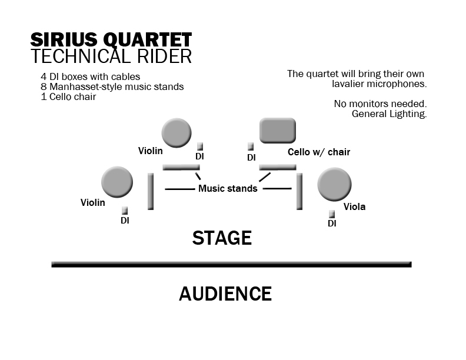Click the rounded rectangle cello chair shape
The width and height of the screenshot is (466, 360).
click(278, 131)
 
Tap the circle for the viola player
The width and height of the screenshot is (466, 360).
click(334, 185)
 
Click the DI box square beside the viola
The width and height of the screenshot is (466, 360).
click(332, 214)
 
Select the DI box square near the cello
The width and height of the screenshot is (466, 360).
click(251, 146)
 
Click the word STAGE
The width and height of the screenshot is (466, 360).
click(222, 238)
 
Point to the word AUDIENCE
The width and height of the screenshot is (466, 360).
click(225, 294)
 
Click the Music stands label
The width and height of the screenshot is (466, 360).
click(228, 188)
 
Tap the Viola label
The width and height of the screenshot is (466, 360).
click(354, 206)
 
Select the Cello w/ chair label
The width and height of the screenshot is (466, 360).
click(319, 152)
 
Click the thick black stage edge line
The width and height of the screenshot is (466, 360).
click(231, 264)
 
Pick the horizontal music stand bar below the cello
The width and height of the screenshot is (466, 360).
click(278, 167)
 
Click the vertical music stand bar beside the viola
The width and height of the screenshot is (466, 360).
click(299, 192)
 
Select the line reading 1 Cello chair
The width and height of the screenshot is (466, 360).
click(68, 97)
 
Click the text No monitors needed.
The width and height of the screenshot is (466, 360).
click(380, 104)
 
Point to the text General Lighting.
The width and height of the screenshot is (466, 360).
click(389, 114)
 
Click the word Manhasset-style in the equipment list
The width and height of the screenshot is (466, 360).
click(86, 86)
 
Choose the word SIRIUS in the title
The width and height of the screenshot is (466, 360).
click(64, 40)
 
